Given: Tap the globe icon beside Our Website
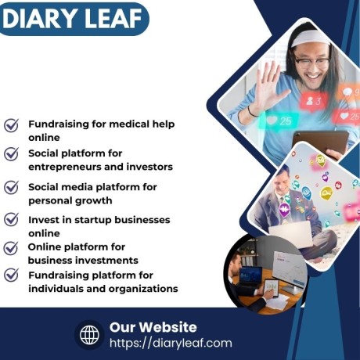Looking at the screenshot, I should [89, 335].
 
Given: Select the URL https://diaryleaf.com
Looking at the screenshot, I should [171, 343].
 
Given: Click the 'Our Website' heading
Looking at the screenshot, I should [153, 326].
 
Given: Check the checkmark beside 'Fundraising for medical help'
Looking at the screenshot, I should [12, 125].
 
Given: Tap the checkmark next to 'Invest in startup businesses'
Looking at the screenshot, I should [12, 220].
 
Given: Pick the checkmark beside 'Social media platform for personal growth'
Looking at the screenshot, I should [12, 187].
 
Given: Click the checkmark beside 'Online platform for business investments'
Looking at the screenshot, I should [12, 247].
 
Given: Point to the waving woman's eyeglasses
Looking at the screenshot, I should [312, 61].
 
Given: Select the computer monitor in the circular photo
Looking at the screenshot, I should [250, 275].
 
